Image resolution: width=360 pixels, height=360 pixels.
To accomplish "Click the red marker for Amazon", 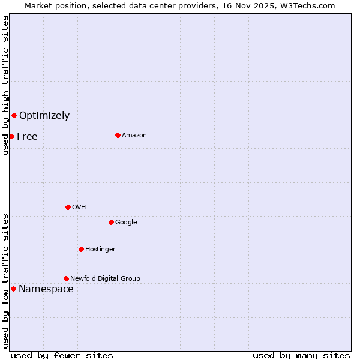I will pos(118,135).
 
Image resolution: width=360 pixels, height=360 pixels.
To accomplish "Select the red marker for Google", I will pos(111,222).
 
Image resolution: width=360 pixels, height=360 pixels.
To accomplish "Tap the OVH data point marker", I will pos(68,207).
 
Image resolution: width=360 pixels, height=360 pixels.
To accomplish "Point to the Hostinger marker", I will pos(81,249).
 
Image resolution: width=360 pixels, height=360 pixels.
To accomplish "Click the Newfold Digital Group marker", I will pos(66,278).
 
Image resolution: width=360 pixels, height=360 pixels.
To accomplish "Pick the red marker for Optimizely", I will pos(14,115).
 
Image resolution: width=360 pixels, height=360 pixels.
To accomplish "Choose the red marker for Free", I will pos(11,136).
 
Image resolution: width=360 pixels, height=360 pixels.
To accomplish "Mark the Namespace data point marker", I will pos(13,289).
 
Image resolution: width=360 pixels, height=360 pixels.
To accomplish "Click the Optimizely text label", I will pos(44,116).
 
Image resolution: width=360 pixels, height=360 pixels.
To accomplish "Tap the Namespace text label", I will pos(46,289).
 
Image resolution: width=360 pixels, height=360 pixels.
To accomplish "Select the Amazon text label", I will pos(134,136).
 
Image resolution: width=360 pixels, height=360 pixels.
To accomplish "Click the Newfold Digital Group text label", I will pos(105,278).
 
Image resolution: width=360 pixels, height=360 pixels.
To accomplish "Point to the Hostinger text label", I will pos(100,250).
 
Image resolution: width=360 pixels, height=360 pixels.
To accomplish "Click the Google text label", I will pos(126,223).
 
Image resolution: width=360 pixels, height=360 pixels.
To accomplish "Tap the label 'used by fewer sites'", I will pos(62,355).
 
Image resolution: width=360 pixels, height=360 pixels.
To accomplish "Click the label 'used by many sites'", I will pos(301,355).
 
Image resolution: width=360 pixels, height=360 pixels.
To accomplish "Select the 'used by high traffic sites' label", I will pos(5,85).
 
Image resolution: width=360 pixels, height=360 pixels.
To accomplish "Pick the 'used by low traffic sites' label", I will pos(5,281).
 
